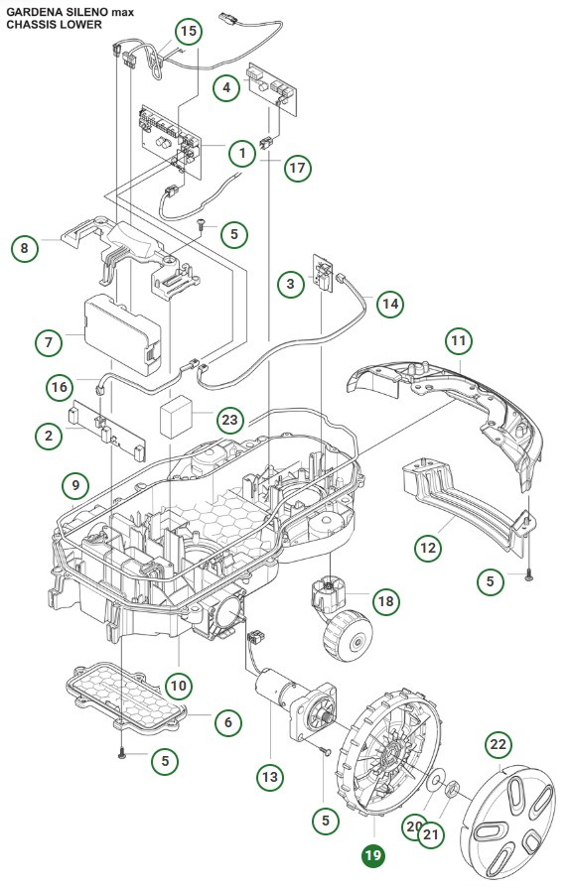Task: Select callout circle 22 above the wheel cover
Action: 498,744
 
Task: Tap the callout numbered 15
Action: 190,31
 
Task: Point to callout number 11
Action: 458,340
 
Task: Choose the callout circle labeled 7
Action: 47,342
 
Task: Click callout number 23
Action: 229,420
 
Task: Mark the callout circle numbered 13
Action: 269,779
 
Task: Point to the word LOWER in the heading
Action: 80,24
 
